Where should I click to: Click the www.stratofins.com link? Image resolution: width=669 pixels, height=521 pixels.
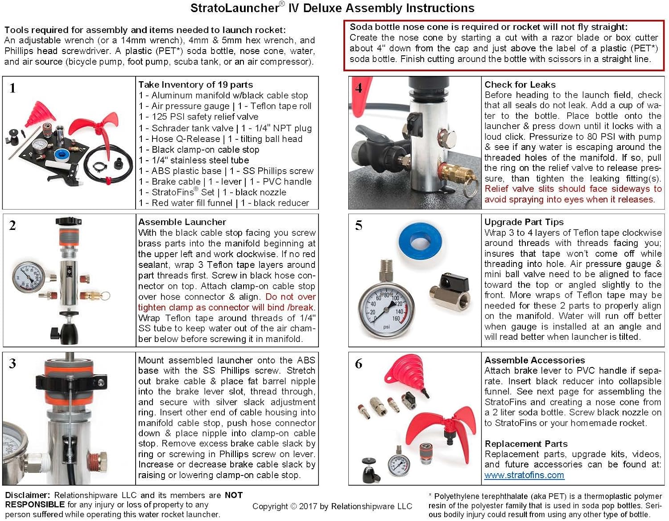click(x=524, y=475)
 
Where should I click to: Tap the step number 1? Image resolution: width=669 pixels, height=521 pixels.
click(x=12, y=88)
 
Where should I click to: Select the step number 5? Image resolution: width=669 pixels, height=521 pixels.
click(x=359, y=225)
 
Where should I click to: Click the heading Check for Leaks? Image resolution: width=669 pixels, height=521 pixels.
click(x=520, y=84)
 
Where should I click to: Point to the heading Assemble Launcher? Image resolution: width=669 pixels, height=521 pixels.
click(x=182, y=222)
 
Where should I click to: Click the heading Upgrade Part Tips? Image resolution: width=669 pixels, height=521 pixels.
click(x=524, y=222)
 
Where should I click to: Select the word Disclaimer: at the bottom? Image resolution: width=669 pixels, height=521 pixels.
click(x=27, y=495)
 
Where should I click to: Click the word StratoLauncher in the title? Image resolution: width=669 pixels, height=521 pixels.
click(x=235, y=8)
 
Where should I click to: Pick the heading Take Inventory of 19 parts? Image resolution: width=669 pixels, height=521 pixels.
click(x=195, y=84)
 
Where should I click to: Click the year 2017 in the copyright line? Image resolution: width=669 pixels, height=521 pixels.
click(x=308, y=506)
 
